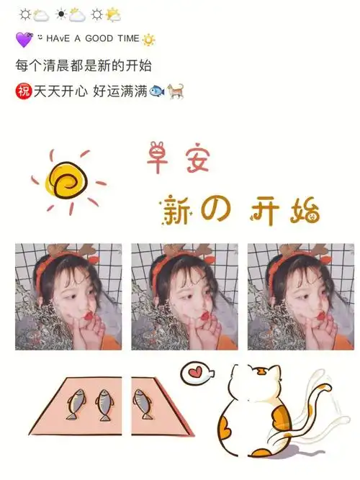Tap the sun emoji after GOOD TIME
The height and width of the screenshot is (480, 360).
pos(148,40)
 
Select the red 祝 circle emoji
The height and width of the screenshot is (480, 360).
pos(24,91)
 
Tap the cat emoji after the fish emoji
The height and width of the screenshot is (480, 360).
pos(174,92)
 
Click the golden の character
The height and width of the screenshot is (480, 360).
pos(217,209)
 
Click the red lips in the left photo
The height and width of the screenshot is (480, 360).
pos(88,314)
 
